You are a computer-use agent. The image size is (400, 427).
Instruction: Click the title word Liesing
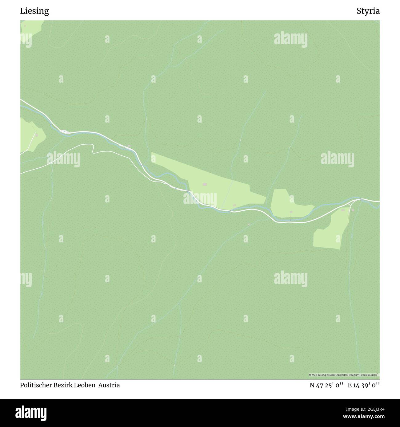click(34, 11)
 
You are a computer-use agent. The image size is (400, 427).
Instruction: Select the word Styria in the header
click(368, 11)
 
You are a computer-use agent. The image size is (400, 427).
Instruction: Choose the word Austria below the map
click(109, 385)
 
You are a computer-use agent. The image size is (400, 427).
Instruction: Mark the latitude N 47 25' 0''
click(327, 385)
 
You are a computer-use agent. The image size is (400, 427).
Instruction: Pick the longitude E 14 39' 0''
click(364, 385)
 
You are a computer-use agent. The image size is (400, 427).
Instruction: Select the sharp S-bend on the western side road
click(93, 149)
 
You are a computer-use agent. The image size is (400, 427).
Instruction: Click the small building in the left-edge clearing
click(37, 135)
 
